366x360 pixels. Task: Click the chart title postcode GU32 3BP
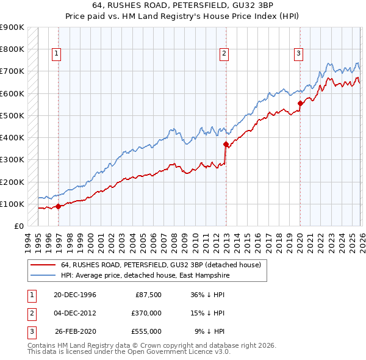tap(256, 5)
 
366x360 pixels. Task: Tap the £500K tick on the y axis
tap(12, 115)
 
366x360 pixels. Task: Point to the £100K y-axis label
tap(12, 204)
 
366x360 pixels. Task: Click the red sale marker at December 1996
tap(59, 207)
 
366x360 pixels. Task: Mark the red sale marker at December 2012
tap(226, 145)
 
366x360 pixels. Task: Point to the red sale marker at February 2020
tap(300, 104)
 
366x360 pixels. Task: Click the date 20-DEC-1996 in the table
tap(75, 295)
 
